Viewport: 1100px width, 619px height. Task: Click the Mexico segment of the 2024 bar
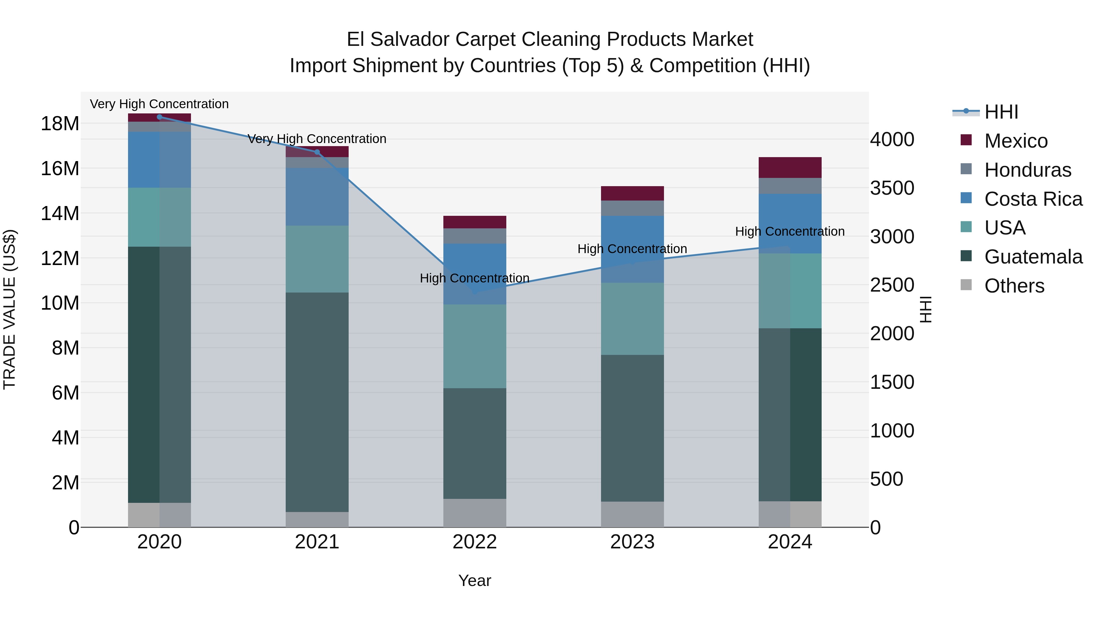point(790,168)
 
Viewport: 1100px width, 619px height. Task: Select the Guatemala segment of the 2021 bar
point(317,402)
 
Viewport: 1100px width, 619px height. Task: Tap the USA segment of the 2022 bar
point(475,346)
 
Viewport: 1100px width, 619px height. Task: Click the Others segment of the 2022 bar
point(475,513)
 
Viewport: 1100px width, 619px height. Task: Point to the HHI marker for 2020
point(159,117)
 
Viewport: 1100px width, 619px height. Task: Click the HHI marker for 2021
point(317,152)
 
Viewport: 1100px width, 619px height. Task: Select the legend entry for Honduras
point(1027,170)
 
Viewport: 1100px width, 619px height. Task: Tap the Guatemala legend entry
point(1032,257)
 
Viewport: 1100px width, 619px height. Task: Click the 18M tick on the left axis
point(60,124)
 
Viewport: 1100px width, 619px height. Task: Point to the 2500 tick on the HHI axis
point(892,285)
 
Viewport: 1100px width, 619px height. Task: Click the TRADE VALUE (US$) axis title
point(9,309)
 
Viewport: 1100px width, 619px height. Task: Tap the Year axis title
point(475,580)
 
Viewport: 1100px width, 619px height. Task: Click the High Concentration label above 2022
point(475,278)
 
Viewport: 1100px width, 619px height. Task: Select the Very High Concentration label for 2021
point(317,139)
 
